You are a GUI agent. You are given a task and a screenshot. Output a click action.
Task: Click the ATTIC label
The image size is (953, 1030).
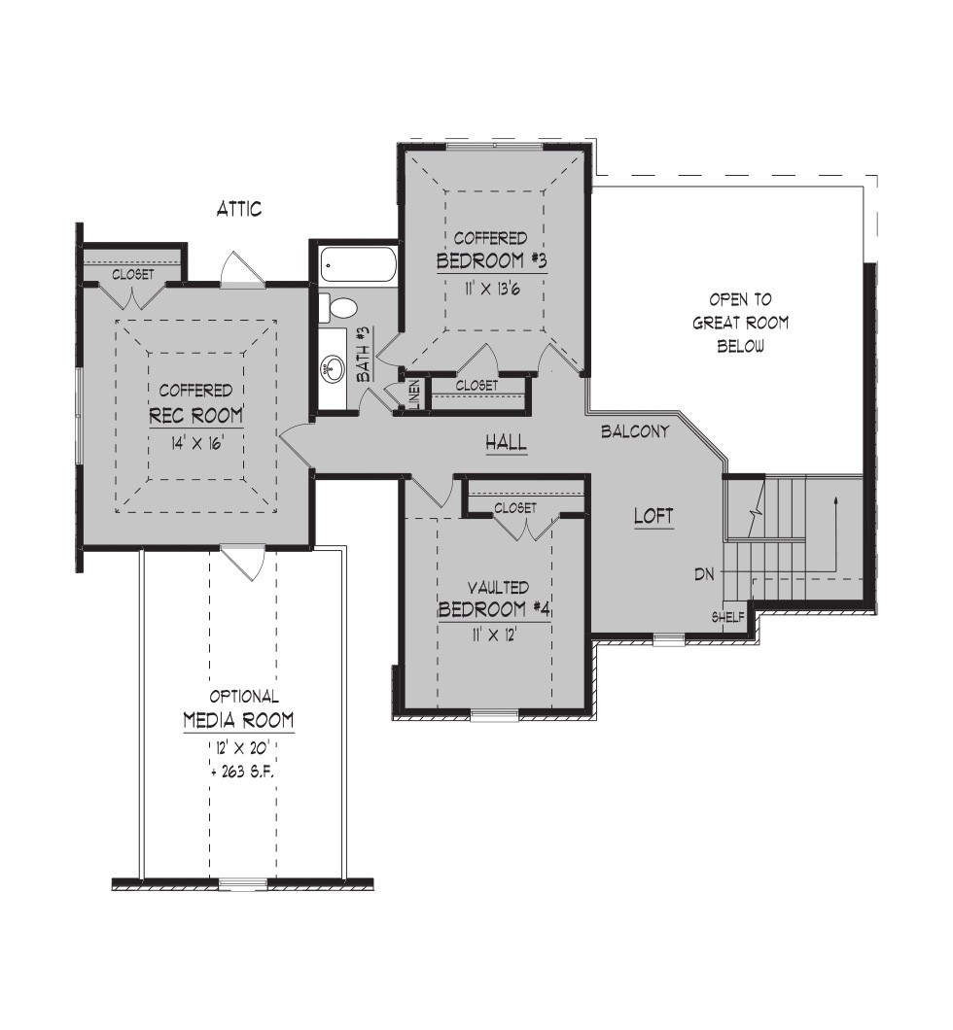click(239, 209)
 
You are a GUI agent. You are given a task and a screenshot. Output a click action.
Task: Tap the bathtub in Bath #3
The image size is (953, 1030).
click(358, 265)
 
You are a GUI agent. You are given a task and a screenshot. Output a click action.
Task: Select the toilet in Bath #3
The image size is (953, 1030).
click(337, 308)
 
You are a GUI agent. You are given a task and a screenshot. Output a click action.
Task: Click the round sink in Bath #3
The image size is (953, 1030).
click(333, 368)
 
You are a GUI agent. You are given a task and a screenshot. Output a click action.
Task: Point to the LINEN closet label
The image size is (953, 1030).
click(414, 395)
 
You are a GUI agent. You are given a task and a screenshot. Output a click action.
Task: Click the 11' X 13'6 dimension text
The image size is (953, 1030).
click(492, 289)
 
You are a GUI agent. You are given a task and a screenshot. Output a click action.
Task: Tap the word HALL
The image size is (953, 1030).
click(506, 442)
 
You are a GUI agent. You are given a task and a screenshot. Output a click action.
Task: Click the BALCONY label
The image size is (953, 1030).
click(635, 431)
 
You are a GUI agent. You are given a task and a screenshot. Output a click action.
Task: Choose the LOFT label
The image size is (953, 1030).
click(653, 516)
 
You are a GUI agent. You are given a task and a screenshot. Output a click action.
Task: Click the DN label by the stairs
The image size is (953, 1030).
click(704, 574)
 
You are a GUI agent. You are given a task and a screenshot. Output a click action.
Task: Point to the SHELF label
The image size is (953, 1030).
click(728, 617)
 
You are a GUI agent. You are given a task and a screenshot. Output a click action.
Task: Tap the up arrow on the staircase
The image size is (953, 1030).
click(835, 533)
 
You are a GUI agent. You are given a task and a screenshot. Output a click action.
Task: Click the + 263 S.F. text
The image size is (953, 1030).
click(242, 772)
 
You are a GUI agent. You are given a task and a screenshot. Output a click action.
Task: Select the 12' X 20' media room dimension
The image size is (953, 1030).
click(242, 747)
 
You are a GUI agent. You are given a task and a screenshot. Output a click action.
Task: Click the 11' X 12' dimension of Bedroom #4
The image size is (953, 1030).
click(494, 635)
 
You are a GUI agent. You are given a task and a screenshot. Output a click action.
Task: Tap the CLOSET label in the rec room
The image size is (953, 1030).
click(133, 274)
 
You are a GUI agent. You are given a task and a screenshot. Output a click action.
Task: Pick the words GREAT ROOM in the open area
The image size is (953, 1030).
click(741, 323)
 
